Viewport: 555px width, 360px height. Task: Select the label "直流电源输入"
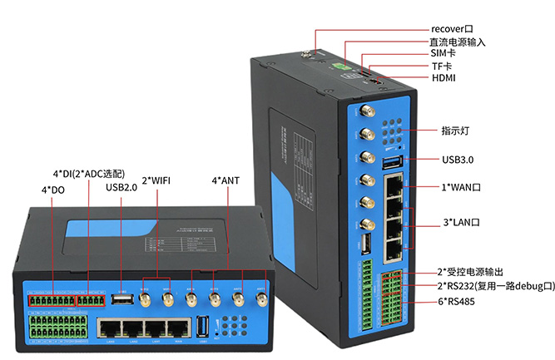pos(457,42)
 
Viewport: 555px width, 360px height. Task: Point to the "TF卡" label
pos(442,66)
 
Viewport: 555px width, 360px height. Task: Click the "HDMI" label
pos(444,78)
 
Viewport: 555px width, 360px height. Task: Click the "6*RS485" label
pos(456,301)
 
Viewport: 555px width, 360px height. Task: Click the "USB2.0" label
pos(121,187)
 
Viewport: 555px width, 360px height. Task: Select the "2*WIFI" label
pos(156,180)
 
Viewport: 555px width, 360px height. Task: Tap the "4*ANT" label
pos(225,180)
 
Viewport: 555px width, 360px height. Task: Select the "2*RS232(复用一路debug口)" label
pos(496,286)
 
